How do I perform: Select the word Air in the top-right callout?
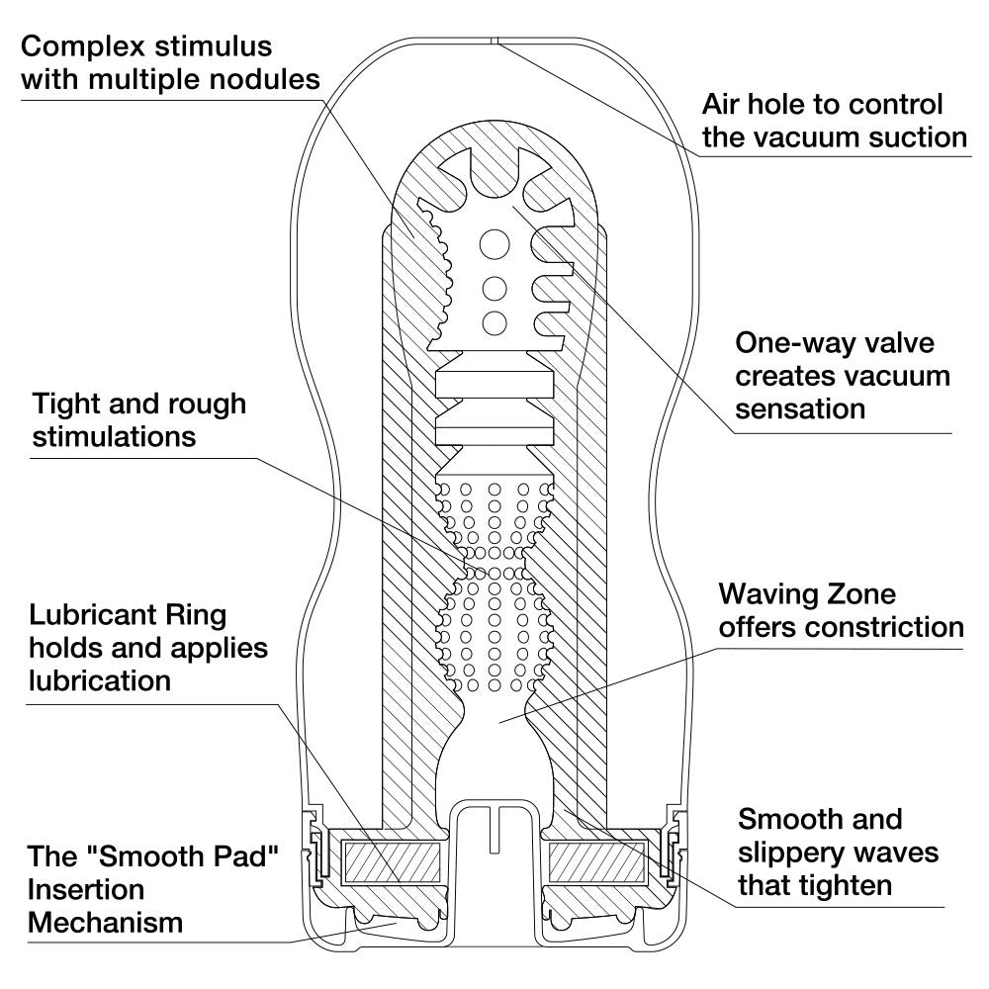coord(723,104)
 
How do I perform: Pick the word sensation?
coord(801,407)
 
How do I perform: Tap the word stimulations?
coord(115,436)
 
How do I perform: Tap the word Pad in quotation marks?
coord(228,856)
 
